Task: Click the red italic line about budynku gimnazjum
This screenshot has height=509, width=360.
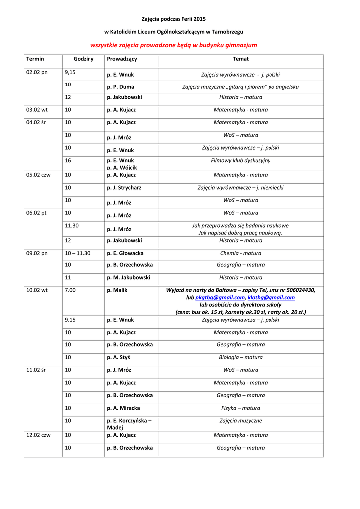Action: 174,45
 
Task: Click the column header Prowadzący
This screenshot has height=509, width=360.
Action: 122,59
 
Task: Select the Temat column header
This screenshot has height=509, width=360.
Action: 240,59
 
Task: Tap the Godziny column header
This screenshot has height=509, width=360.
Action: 84,59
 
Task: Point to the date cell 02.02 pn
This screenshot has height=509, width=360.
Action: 37,72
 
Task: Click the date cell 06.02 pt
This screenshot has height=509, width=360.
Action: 36,213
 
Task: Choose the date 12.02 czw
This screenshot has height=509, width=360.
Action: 38,435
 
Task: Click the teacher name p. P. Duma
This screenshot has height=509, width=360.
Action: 120,87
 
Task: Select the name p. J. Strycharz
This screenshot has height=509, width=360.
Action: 125,188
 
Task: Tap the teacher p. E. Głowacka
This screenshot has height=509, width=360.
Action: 125,253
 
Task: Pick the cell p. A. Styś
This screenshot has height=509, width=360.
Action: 118,357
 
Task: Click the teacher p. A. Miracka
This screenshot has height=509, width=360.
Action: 123,408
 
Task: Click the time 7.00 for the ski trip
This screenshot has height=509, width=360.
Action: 70,290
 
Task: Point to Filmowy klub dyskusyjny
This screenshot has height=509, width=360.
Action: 241,161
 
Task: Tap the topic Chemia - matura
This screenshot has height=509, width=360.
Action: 241,253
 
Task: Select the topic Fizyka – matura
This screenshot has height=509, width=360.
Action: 241,408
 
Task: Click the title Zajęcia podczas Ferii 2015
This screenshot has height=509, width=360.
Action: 174,19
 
